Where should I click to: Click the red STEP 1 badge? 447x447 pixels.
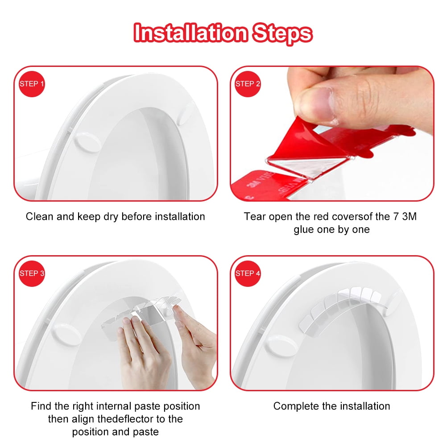pos(32,84)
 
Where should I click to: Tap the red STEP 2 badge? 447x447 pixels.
pos(248,84)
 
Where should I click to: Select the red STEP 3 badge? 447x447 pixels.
pos(32,273)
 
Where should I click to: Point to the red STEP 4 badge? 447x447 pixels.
pos(248,273)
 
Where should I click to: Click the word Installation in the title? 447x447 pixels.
pos(191,33)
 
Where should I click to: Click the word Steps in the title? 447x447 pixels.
pos(282,33)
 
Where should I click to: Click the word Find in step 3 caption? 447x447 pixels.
pos(41,406)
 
